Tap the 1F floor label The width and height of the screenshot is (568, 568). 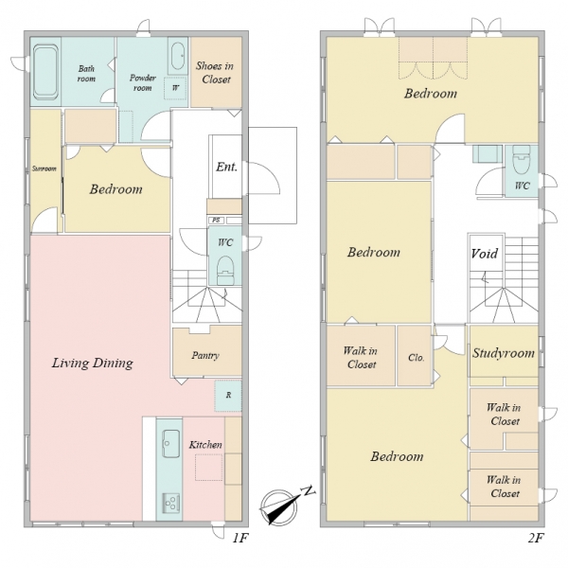click(240, 539)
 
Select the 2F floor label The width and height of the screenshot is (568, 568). click(536, 539)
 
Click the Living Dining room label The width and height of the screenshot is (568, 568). click(93, 363)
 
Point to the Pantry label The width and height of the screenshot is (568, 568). click(205, 355)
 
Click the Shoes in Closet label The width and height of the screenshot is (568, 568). click(215, 73)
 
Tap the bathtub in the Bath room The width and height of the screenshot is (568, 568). click(45, 72)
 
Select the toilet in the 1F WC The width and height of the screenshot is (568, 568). click(225, 270)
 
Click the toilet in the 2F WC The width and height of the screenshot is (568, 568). click(522, 159)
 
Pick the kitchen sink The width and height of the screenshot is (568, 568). click(170, 443)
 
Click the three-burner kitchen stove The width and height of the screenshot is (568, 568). click(170, 503)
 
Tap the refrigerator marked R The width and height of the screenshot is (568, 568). click(228, 395)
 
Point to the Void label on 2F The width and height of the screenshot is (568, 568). click(485, 253)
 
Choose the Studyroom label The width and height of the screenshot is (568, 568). click(504, 353)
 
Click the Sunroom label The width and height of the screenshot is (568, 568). click(44, 169)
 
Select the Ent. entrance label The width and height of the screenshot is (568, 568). click(227, 167)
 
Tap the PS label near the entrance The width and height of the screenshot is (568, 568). click(216, 220)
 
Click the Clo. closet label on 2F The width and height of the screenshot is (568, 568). click(416, 358)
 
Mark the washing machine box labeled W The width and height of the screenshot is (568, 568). click(176, 88)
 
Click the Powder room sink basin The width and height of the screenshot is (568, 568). click(178, 56)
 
